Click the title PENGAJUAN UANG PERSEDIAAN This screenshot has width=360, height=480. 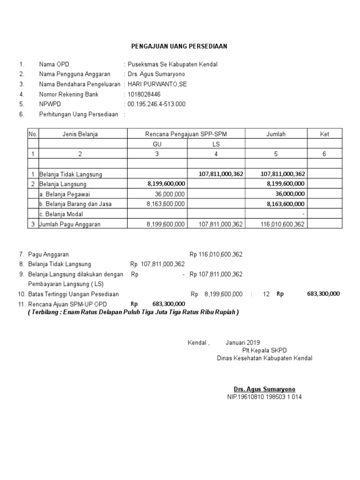(178, 46)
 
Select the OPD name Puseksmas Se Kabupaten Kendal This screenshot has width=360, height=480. (172, 64)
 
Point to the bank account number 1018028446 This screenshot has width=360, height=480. (144, 94)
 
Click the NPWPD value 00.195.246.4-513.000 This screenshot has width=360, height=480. (157, 104)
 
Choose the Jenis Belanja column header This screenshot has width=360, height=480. (80, 134)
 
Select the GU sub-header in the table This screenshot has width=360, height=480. (157, 144)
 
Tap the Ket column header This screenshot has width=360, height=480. (324, 134)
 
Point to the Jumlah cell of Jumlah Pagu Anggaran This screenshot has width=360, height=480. (283, 224)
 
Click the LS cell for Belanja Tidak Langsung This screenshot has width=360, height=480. (221, 174)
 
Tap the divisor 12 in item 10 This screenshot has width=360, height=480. (266, 294)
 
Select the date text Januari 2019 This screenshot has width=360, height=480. (242, 342)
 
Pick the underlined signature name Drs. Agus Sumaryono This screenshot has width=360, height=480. (265, 390)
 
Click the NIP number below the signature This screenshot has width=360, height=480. (265, 397)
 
